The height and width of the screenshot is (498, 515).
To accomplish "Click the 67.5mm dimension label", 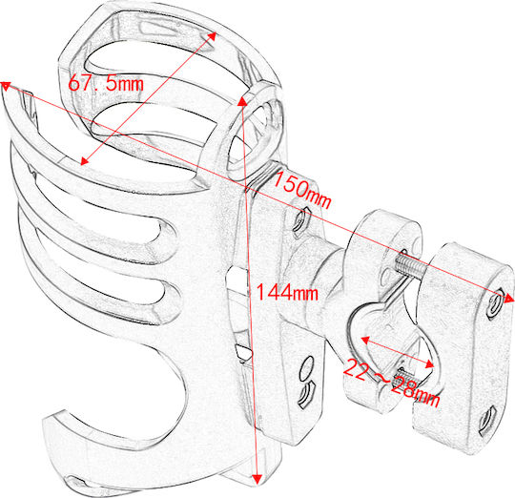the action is [x=106, y=83].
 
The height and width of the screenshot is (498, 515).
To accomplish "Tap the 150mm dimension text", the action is [x=301, y=191].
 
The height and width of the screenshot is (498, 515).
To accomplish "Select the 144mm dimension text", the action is [x=287, y=292].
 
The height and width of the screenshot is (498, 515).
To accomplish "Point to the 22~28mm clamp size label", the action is [x=392, y=383].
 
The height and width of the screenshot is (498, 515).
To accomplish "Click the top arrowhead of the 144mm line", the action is [x=242, y=101].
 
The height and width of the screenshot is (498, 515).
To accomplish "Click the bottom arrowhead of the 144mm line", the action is [x=257, y=479].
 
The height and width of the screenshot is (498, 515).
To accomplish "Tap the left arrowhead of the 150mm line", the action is [x=6, y=86].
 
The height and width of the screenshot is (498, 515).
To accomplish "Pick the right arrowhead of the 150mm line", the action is [x=508, y=299].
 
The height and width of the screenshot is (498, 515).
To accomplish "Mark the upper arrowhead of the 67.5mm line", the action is [x=212, y=36].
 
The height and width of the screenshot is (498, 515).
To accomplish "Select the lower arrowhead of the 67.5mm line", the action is [x=85, y=160].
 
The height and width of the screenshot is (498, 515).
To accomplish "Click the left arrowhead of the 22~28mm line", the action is [x=365, y=341].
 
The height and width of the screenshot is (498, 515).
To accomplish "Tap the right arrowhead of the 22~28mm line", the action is [x=429, y=363].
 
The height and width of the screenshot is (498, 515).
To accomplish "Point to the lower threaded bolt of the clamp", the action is [x=406, y=378].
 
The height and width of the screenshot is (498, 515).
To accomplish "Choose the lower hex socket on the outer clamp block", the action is [x=487, y=421].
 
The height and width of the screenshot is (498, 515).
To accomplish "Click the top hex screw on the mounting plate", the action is [x=299, y=218].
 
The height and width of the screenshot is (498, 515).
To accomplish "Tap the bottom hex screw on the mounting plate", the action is [x=306, y=394].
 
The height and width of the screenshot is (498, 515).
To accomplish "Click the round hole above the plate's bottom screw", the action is [x=306, y=369].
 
